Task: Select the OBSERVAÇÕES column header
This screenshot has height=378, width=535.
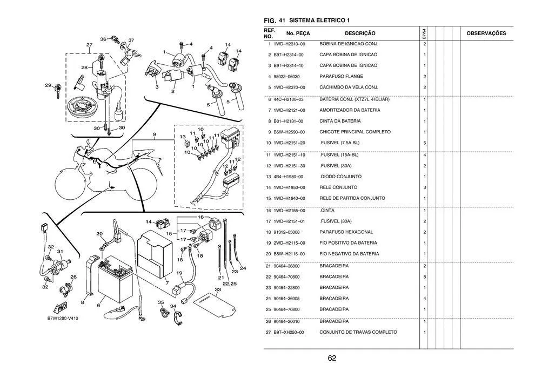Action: [486, 33]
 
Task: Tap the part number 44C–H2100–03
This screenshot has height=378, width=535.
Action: [289, 99]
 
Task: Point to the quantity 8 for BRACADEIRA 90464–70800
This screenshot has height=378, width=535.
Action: [425, 277]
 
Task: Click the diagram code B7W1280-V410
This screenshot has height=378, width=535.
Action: [63, 319]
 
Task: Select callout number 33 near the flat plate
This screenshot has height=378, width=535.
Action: [218, 290]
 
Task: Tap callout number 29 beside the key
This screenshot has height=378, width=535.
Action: [48, 85]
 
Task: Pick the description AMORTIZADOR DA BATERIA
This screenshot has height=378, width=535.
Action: [350, 110]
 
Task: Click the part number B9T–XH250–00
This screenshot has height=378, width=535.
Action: [289, 332]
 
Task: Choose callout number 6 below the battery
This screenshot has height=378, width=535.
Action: [98, 305]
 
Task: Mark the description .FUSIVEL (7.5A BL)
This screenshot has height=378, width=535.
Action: [339, 143]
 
